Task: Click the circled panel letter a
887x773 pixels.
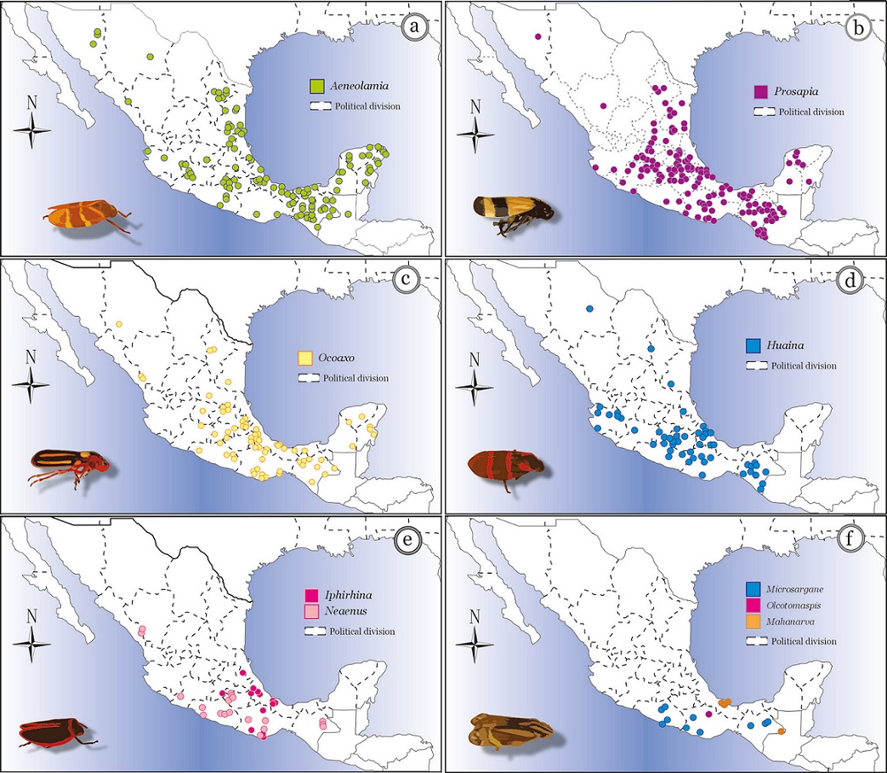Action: click(x=415, y=28)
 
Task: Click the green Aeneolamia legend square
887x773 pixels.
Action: click(x=317, y=85)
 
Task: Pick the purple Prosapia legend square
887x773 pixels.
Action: click(x=761, y=91)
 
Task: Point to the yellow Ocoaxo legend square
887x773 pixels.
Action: click(x=304, y=358)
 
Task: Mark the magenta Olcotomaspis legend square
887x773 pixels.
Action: click(x=753, y=605)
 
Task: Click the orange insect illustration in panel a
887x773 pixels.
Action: click(x=88, y=215)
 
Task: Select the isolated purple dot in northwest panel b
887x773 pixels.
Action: click(x=537, y=37)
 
